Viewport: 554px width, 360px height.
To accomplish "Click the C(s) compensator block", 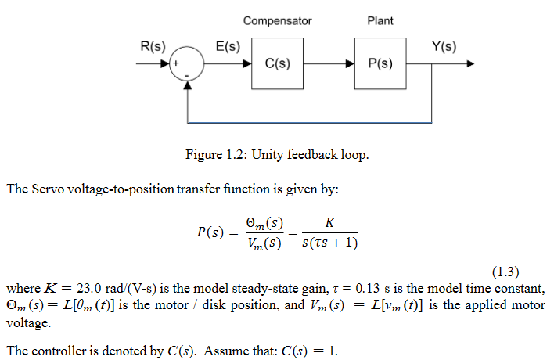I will click(x=278, y=63).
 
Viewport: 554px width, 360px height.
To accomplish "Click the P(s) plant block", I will click(x=380, y=63).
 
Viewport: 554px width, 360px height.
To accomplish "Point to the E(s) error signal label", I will click(x=228, y=46).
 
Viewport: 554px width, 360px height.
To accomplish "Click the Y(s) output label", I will click(x=444, y=46).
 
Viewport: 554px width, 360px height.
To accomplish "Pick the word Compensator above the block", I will click(x=277, y=20).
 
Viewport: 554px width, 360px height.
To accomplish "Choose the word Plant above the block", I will click(x=380, y=20).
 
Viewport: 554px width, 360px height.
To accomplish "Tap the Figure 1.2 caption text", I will click(x=276, y=154).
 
